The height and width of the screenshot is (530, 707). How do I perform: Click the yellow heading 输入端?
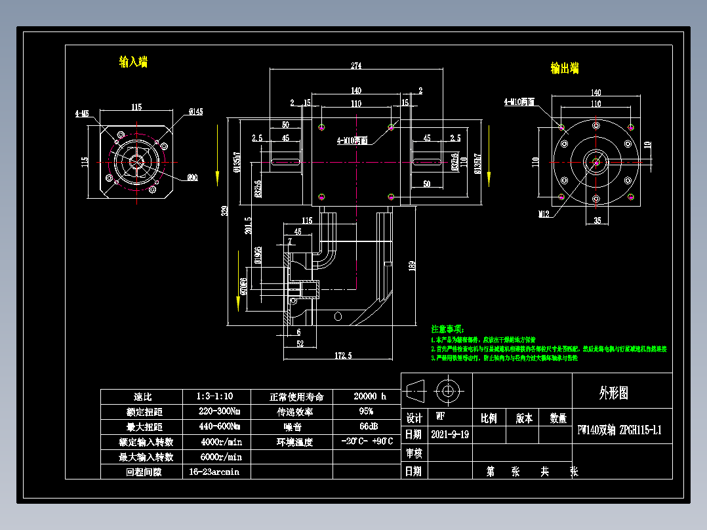pos(133,62)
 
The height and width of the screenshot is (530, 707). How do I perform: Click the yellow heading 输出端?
pos(564,68)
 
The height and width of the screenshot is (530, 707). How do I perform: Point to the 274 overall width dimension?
pos(356,66)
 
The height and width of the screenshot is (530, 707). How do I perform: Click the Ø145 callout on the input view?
pos(195,112)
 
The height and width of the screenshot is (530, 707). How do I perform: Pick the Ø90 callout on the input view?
pos(193,177)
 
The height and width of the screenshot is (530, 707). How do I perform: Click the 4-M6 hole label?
pos(82,113)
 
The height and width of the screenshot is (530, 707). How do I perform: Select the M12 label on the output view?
pos(544,214)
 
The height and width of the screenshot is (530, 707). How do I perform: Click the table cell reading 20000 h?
pos(370,397)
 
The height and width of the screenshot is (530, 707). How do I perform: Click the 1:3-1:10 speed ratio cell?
pos(214,397)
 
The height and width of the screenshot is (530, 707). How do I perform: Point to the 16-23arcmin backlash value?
pos(214,472)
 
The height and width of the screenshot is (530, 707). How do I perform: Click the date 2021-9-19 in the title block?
pos(450,434)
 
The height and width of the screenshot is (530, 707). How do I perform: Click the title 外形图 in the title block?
pos(614,393)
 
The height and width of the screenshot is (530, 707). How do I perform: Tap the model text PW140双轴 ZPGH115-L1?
pos(619,430)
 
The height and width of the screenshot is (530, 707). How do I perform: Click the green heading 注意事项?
pos(447,328)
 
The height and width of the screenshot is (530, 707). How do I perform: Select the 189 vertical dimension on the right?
pos(411,266)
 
